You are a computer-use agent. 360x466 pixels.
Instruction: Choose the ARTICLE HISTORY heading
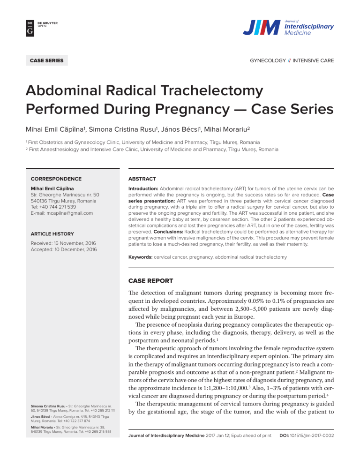point(53,233)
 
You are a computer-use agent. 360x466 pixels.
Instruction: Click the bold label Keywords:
point(137,257)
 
